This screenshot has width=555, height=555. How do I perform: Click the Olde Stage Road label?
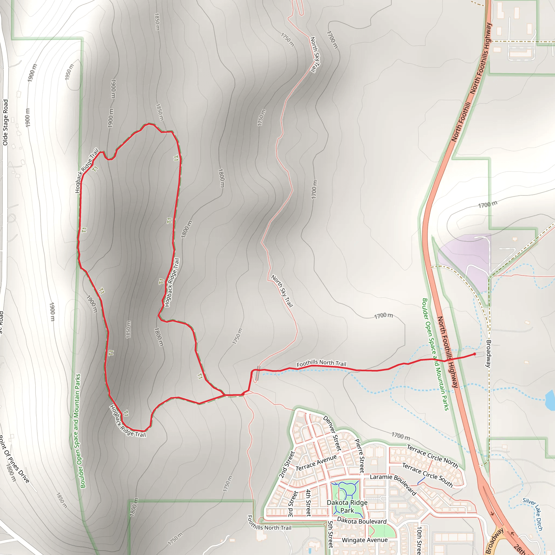5,122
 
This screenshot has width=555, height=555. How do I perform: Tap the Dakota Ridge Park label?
347,506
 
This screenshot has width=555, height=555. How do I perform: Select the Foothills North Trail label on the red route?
321,363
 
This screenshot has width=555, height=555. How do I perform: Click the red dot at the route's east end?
475,354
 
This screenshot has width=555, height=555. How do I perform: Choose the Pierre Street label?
359,456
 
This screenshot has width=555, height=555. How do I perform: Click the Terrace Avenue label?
316,463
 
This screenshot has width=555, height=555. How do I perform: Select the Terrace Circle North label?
432,456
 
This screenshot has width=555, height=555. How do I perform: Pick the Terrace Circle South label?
427,475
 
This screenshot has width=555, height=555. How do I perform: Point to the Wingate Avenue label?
364,540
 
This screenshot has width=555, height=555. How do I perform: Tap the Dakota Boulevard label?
362,521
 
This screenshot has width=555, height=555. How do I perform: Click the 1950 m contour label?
69,72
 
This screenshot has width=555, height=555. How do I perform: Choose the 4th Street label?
308,503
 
